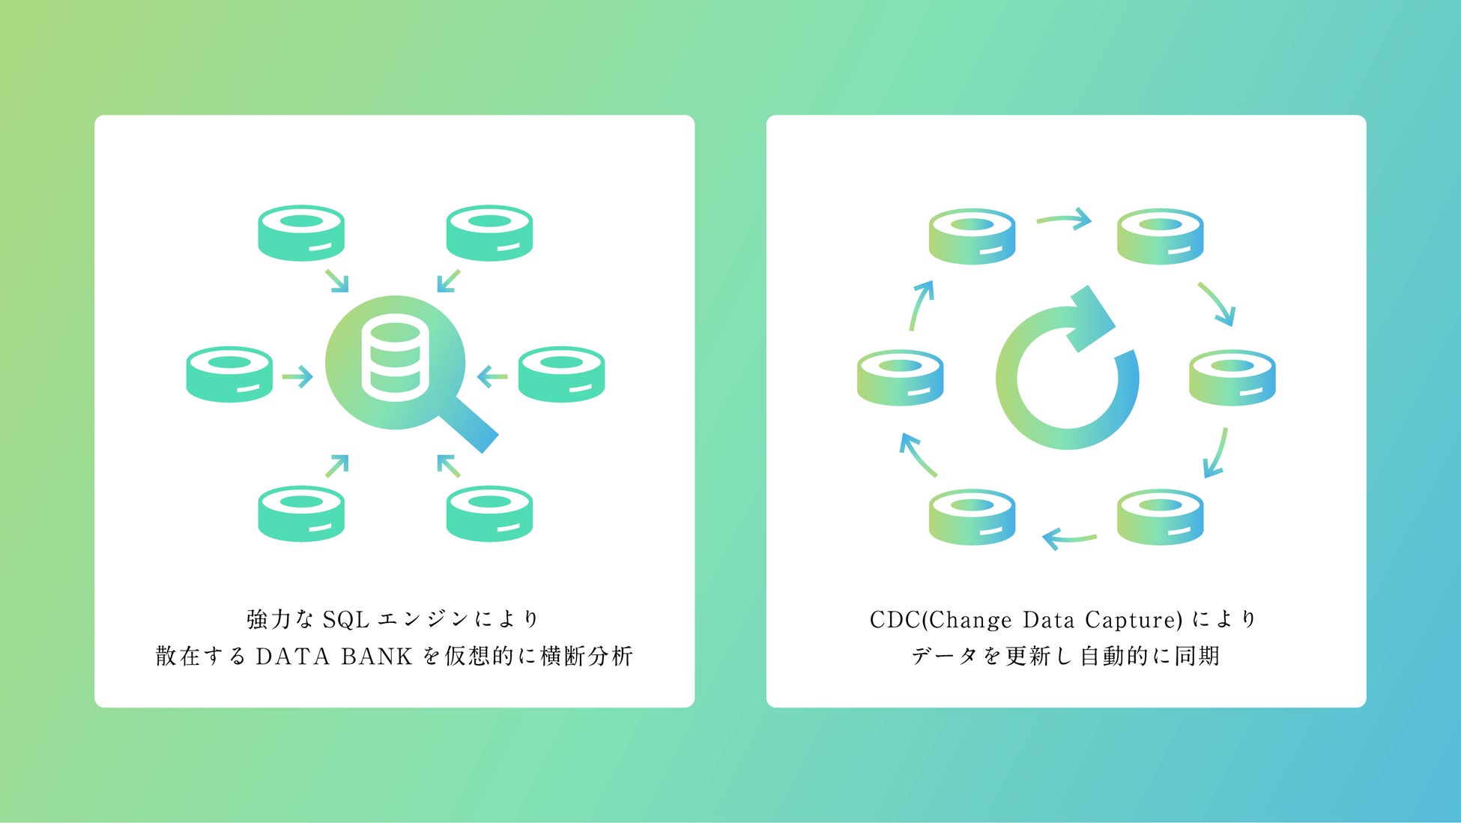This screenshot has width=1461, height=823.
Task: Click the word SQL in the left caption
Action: click(x=345, y=620)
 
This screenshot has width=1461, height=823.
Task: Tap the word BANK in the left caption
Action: click(x=376, y=657)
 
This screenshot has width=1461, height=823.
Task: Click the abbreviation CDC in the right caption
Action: click(x=895, y=620)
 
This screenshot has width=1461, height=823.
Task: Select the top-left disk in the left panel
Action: click(x=301, y=233)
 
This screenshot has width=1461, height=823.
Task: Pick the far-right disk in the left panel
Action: click(x=561, y=374)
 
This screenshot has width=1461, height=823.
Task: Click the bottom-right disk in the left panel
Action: click(x=489, y=513)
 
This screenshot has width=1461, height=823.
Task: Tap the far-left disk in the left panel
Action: click(x=229, y=374)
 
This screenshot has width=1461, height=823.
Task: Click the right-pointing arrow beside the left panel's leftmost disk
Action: click(x=297, y=376)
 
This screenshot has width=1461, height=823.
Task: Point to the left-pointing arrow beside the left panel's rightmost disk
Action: click(x=492, y=376)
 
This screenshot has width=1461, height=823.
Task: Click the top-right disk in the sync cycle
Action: click(x=1160, y=236)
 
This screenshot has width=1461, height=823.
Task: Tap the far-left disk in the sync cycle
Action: click(x=900, y=377)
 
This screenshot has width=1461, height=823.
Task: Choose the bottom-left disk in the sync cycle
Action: click(x=972, y=516)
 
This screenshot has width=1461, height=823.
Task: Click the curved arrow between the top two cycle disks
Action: click(x=1064, y=220)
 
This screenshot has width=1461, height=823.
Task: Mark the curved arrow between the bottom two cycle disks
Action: click(x=1069, y=537)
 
